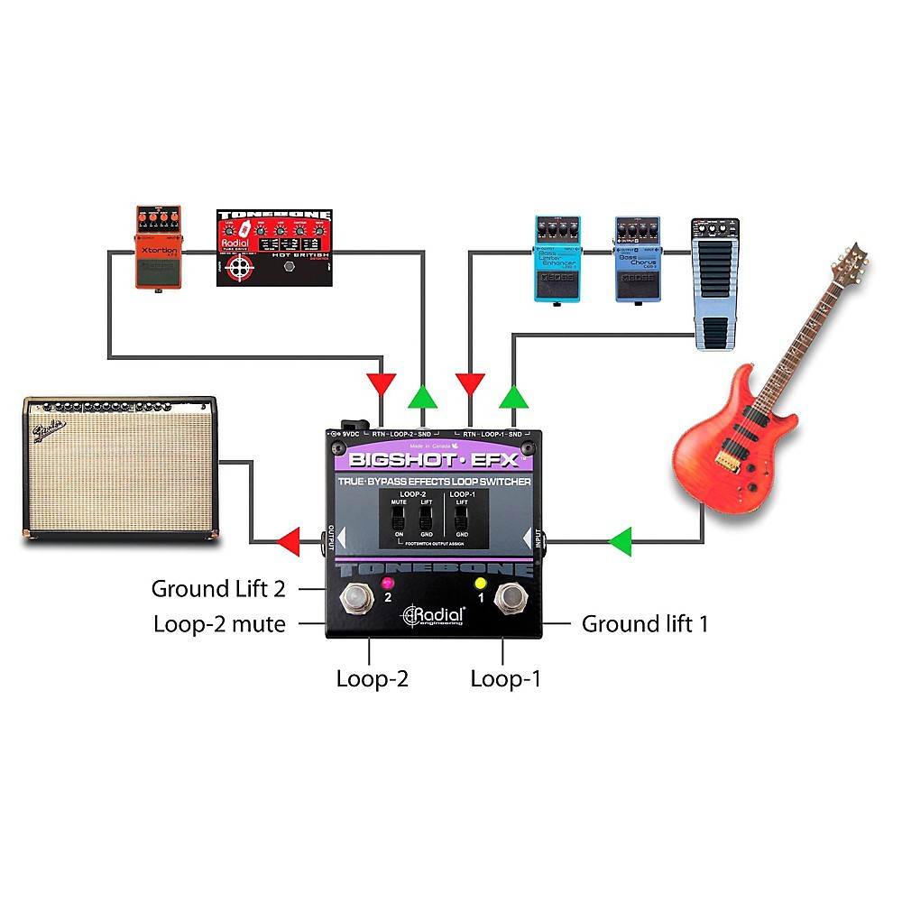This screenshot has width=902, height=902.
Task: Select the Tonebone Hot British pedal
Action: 274,248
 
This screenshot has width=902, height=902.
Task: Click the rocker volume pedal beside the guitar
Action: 718,284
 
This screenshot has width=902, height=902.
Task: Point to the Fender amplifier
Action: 120,468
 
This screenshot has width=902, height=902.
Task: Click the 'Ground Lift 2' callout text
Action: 218,590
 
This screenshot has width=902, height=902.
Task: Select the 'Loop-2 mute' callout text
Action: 219,624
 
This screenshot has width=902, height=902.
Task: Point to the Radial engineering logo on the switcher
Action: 433,615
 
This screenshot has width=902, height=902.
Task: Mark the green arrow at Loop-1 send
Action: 514,396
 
